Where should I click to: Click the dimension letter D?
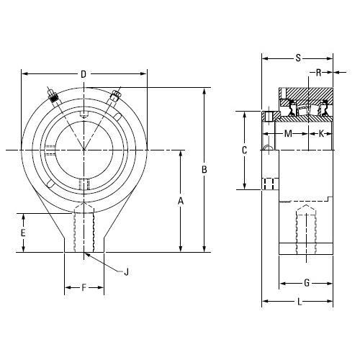pyautogui.click(x=84, y=74)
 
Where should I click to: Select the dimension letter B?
pyautogui.click(x=204, y=170)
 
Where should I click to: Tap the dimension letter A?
pyautogui.click(x=181, y=201)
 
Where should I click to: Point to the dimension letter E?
pyautogui.click(x=23, y=233)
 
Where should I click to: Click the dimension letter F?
pyautogui.click(x=84, y=287)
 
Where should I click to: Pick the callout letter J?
pyautogui.click(x=126, y=272)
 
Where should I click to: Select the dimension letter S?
pyautogui.click(x=298, y=58)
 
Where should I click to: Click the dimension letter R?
pyautogui.click(x=318, y=73)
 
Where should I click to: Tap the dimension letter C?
pyautogui.click(x=244, y=150)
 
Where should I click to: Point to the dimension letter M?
pyautogui.click(x=288, y=133)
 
